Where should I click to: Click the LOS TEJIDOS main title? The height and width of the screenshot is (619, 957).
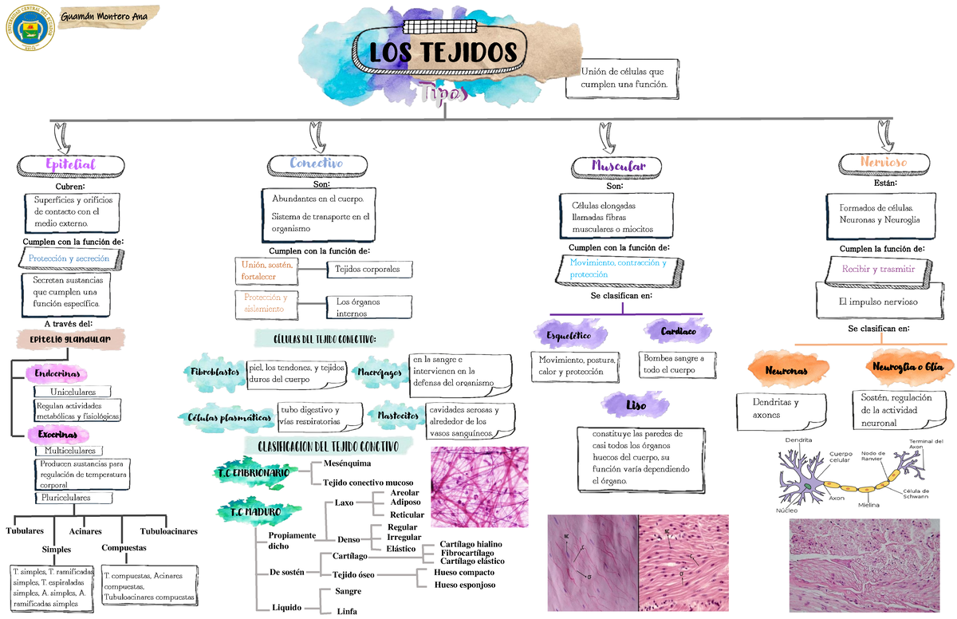443,53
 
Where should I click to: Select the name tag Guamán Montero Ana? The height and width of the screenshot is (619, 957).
108,15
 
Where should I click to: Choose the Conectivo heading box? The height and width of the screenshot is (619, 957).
316,164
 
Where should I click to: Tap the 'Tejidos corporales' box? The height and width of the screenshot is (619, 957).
368,270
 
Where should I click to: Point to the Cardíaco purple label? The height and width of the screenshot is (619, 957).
678,331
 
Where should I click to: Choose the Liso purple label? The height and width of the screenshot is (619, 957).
636,406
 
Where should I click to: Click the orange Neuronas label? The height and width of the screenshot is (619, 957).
786,372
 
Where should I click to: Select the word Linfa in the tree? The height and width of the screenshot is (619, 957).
347,612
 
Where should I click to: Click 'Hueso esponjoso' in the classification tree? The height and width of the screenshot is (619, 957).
464,585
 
